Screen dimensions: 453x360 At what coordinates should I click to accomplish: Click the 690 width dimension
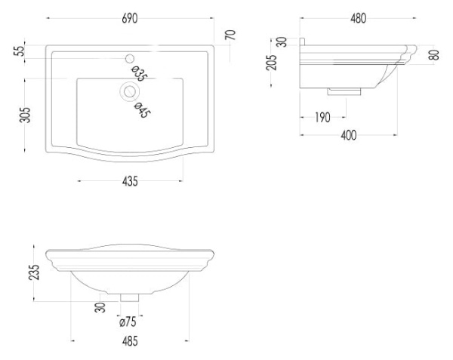point(130,18)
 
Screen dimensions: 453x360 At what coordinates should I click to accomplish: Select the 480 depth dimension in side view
point(358,18)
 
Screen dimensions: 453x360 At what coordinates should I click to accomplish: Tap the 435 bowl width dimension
point(130,182)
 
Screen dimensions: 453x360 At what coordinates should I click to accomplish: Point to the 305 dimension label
point(25,115)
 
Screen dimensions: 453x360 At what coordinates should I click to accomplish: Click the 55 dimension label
point(20,51)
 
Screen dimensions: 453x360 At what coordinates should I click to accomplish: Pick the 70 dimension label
point(230,35)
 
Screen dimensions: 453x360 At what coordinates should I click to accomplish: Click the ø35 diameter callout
point(139,74)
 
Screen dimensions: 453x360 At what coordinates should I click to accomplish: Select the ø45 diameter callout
point(142,110)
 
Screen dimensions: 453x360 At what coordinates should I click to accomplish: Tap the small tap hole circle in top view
point(130,59)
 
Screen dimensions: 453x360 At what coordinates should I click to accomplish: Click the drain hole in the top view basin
point(129,91)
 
